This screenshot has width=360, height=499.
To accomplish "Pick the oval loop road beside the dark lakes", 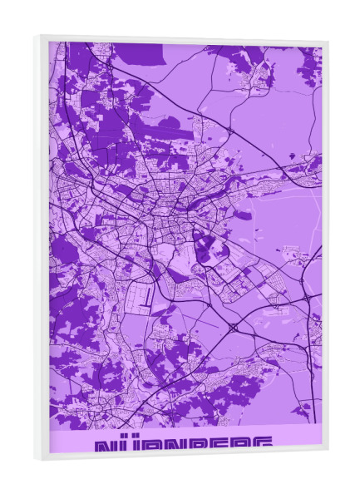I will coord(203,246).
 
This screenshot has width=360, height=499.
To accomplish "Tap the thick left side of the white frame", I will coord(42,249).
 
